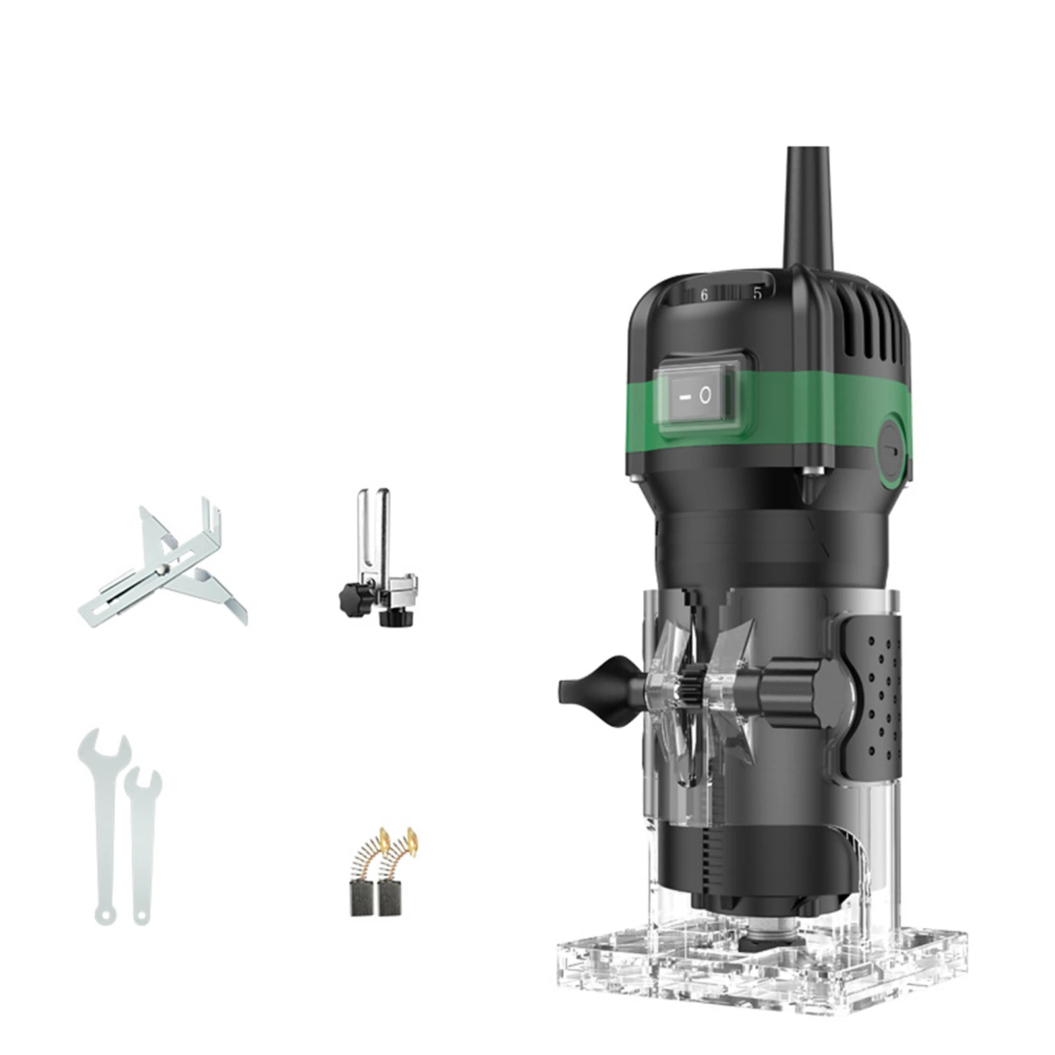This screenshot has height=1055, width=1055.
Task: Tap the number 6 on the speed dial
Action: tap(704, 295)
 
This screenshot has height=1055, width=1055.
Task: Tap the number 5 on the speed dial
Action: tap(757, 293)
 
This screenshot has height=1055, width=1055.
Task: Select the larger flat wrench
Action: tap(103, 817)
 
